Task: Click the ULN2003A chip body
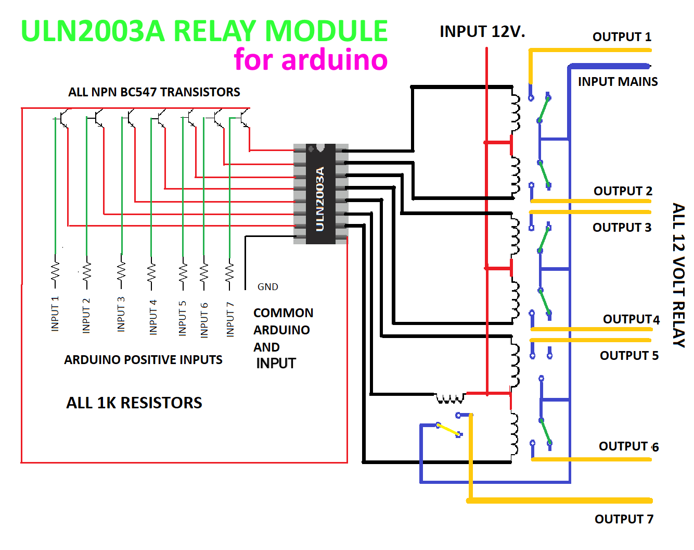320,194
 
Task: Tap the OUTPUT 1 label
622,37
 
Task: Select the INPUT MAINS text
618,82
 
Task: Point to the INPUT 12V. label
482,32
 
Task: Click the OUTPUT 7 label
624,519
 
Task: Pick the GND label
268,287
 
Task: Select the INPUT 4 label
153,317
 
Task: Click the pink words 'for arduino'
311,59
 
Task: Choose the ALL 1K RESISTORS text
134,403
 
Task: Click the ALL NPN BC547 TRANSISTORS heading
154,92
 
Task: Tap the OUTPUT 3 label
622,228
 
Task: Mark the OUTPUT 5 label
629,356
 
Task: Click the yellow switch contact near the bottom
448,430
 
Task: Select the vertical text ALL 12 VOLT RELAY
678,275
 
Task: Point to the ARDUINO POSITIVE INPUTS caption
143,360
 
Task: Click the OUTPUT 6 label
628,446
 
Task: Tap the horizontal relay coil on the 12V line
450,398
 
